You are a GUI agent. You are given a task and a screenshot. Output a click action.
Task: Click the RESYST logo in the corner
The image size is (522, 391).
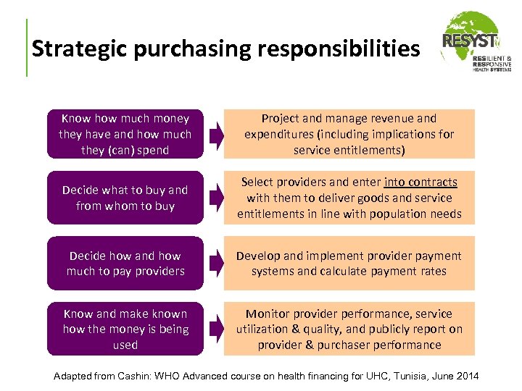pyautogui.click(x=476, y=43)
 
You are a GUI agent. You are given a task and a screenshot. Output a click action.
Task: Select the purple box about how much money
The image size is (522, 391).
pyautogui.click(x=125, y=134)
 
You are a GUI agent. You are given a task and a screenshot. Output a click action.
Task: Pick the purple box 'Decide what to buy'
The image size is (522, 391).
pyautogui.click(x=125, y=198)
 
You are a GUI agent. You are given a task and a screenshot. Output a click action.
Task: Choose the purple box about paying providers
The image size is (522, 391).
pyautogui.click(x=125, y=263)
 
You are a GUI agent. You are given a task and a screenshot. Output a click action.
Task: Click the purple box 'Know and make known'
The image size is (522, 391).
pyautogui.click(x=125, y=329)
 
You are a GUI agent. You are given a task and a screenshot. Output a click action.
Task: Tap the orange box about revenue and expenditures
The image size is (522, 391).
pyautogui.click(x=349, y=134)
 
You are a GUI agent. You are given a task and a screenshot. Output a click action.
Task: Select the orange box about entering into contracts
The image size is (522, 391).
pyautogui.click(x=349, y=198)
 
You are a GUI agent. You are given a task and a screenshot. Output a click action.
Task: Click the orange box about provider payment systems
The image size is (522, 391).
pyautogui.click(x=349, y=263)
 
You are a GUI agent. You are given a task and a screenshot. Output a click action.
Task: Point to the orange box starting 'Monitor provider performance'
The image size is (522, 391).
pyautogui.click(x=349, y=329)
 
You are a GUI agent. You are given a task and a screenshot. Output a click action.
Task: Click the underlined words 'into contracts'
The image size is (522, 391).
pyautogui.click(x=421, y=182)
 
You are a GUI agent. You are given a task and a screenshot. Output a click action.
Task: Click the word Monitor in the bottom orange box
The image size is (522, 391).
pyautogui.click(x=268, y=314)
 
